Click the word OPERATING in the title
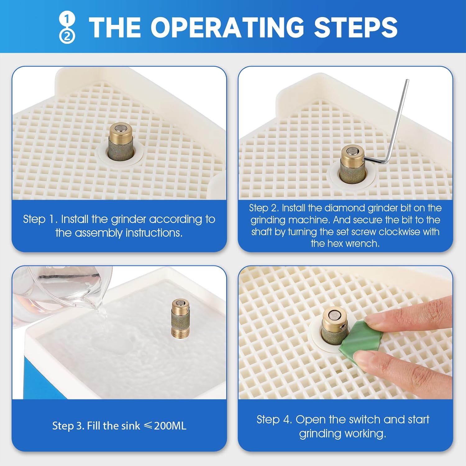[x=227, y=27]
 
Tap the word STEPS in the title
[x=356, y=27]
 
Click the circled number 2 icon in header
[x=67, y=37]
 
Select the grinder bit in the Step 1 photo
[x=121, y=141]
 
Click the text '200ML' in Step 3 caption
[x=170, y=426]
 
